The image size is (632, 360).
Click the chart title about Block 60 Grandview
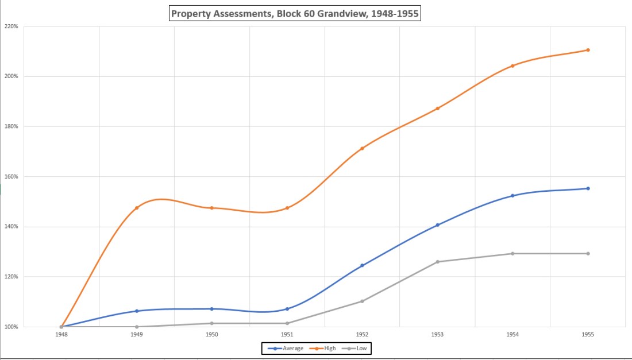pos(295,13)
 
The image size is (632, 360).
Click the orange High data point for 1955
pos(588,50)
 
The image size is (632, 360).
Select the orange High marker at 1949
pos(137,208)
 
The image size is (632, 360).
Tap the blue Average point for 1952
pos(362,265)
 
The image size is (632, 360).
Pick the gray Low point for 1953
pos(437,262)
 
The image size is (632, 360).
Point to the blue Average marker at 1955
pos(588,188)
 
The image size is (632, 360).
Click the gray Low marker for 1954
pos(512,253)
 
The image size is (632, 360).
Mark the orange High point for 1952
pos(362,148)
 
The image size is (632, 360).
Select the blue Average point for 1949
pos(137,311)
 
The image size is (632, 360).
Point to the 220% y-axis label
pos(11,26)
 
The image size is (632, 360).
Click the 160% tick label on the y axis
pos(11,176)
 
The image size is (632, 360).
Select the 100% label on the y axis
pos(11,327)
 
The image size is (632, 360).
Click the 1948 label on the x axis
pos(61,335)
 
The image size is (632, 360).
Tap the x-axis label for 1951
pos(287,335)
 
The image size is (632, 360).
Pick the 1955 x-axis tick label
pos(588,335)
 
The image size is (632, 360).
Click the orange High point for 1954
pos(512,65)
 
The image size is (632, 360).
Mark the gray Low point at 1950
pos(212,323)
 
